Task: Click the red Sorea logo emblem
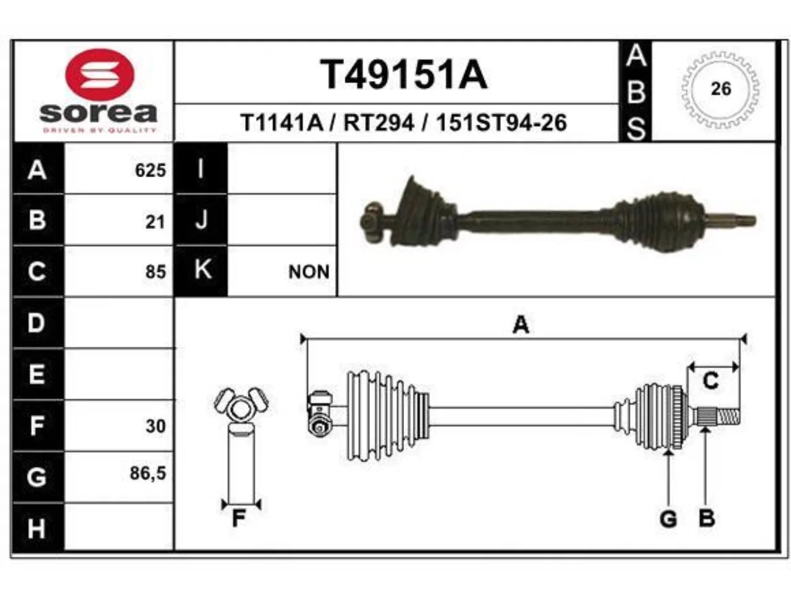[x=99, y=75]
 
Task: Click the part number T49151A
[x=404, y=75]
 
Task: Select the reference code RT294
[x=379, y=123]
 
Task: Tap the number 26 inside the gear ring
[x=721, y=89]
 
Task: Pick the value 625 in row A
[x=151, y=170]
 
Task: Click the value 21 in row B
[x=155, y=222]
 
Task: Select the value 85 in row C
[x=156, y=271]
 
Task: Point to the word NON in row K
[x=309, y=272]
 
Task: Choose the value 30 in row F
[x=156, y=426]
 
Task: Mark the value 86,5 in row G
[x=148, y=473]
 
